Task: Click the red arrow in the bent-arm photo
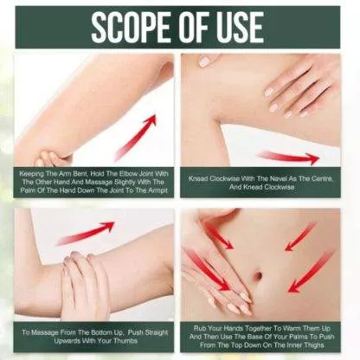pos(136,138)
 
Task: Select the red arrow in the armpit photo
pos(288,157)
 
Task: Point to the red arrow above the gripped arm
pos(85,233)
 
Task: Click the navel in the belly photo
pos(258,275)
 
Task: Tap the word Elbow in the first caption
pos(127,174)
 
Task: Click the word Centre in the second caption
pos(321,178)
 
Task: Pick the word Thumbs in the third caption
pos(125,341)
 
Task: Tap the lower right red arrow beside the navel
pos(311,272)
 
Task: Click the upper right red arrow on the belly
pos(300,235)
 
